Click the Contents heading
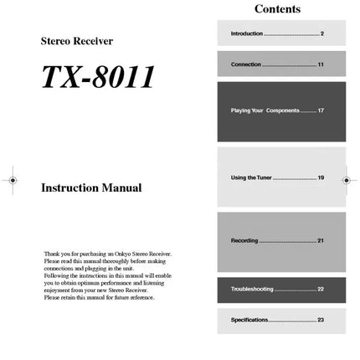point(277,9)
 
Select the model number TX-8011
point(99,76)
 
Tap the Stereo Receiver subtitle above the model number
point(77,40)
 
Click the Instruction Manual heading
point(91,188)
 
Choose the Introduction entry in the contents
point(247,33)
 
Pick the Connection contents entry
point(246,64)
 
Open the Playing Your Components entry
point(265,111)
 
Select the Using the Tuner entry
point(251,177)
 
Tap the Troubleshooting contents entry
point(252,289)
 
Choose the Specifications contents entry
point(249,320)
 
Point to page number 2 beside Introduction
point(321,33)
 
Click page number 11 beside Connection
point(321,64)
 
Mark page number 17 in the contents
point(321,111)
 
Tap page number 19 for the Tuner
point(321,177)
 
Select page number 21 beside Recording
point(321,240)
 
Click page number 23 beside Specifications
point(321,320)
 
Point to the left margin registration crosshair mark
point(12,179)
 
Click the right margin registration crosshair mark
point(347,179)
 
